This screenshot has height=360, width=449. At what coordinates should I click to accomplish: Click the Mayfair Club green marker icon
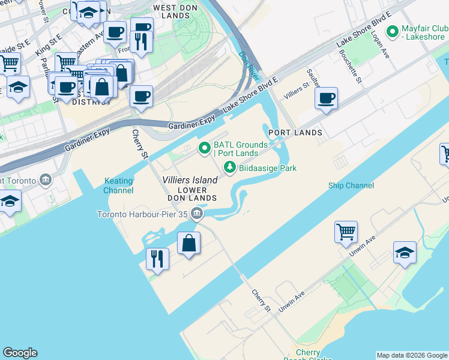pyautogui.click(x=393, y=31)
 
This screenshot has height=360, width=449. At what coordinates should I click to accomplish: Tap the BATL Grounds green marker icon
pyautogui.click(x=205, y=146)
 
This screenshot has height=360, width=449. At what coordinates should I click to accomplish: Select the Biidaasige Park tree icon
pyautogui.click(x=229, y=169)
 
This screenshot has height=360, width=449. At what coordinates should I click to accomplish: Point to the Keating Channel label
pyautogui.click(x=119, y=185)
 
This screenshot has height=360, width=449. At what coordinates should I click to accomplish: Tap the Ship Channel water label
pyautogui.click(x=351, y=185)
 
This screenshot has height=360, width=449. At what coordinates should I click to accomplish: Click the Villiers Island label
pyautogui.click(x=190, y=180)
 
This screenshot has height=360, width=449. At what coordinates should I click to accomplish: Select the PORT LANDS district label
pyautogui.click(x=295, y=132)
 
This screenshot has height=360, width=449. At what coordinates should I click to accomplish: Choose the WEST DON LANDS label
pyautogui.click(x=172, y=11)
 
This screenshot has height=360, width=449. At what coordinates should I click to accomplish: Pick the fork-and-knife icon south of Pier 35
pyautogui.click(x=157, y=259)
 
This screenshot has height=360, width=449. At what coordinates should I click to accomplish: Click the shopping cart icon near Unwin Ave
pyautogui.click(x=346, y=231)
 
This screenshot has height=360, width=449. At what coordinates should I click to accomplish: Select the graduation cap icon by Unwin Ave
pyautogui.click(x=405, y=252)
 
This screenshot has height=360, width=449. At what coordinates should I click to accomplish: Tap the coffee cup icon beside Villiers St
pyautogui.click(x=326, y=98)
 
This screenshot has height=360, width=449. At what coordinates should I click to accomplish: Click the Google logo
pyautogui.click(x=20, y=353)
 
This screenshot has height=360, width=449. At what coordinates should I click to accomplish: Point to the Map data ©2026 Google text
pyautogui.click(x=411, y=355)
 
